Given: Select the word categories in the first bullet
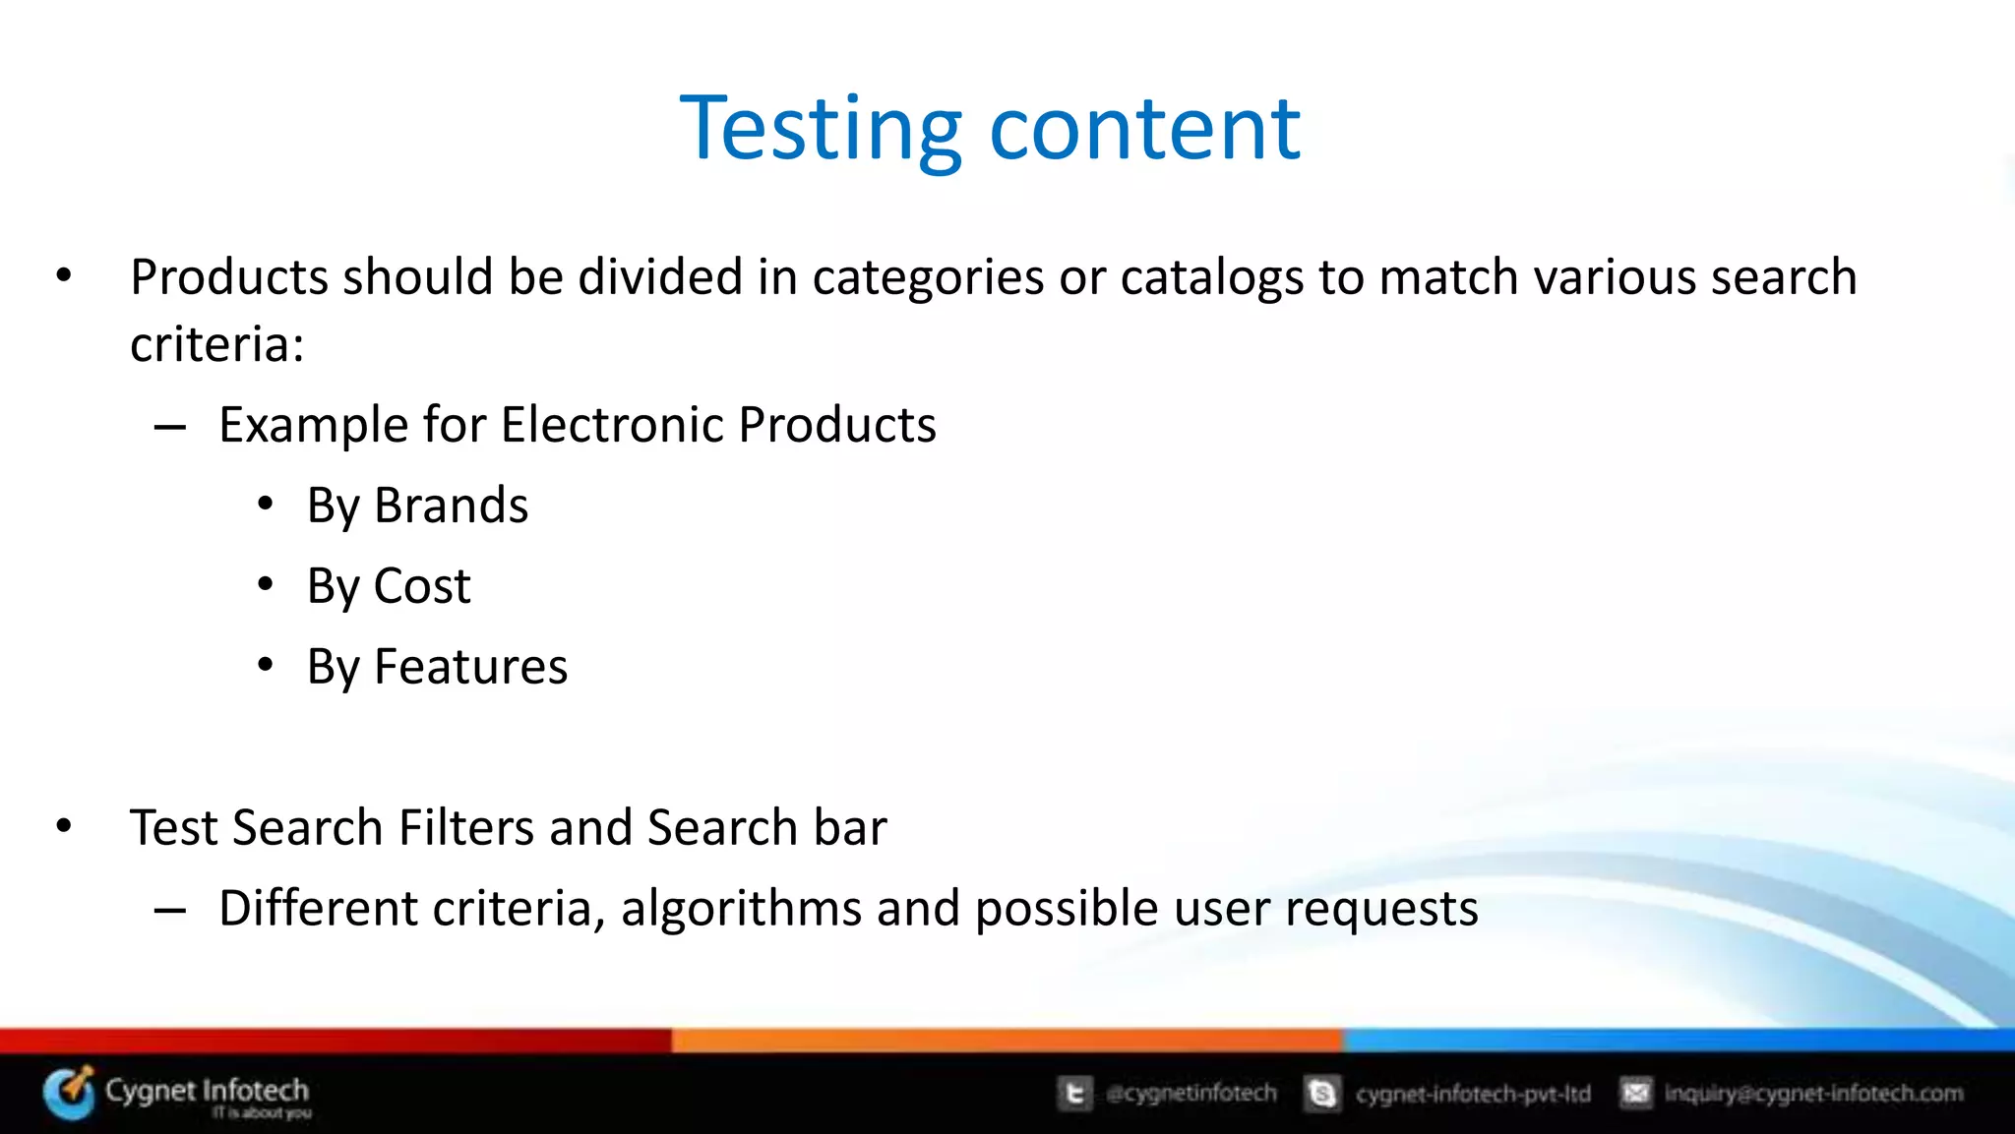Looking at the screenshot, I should pos(927,278).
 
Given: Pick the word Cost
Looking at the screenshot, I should pos(422,586).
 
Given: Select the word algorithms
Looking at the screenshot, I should pos(740,908).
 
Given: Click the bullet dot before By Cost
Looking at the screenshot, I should pos(265,585).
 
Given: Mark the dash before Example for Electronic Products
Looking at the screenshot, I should pos(170,427).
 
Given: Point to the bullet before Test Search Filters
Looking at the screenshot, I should pos(64,826).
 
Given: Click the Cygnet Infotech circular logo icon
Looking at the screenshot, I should pos(69,1093).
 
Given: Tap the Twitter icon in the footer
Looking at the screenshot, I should pos(1074,1094).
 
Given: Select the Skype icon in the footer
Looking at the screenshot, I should pos(1322,1094).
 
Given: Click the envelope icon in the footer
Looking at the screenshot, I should pos(1635,1093).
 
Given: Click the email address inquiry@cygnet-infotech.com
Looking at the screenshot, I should pos(1812,1094).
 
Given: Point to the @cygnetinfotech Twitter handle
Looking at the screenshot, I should pos(1191,1094).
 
